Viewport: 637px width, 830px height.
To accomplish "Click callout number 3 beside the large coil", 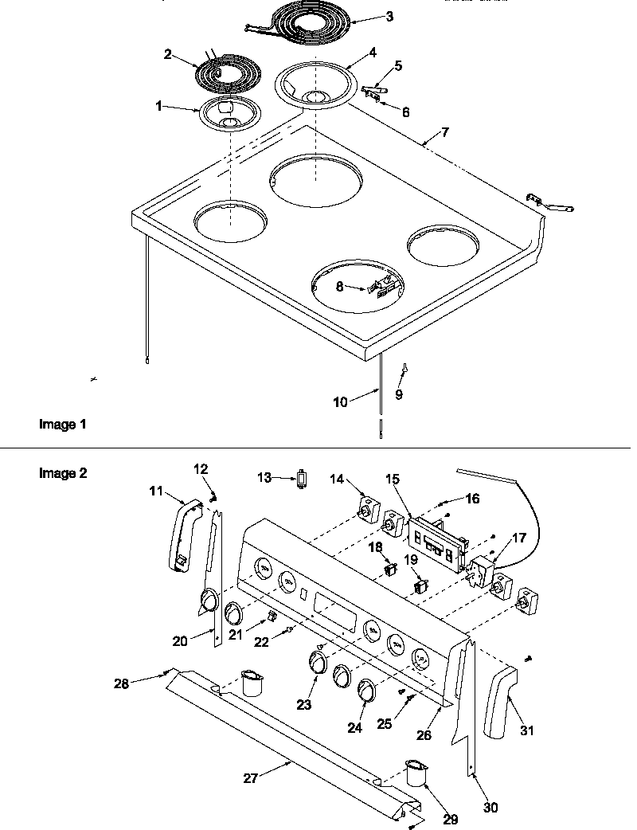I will coord(389,17).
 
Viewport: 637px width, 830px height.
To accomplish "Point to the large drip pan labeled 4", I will coord(316,84).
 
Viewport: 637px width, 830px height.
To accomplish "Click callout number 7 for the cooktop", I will coord(445,131).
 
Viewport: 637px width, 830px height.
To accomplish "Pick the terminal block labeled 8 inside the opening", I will coord(381,285).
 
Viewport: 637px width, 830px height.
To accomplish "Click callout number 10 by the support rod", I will coord(340,402).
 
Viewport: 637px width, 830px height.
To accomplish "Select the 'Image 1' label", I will coord(62,425).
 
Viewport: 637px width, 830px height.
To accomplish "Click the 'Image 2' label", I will coord(63,473).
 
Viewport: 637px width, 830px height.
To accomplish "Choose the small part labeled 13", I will coord(302,478).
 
